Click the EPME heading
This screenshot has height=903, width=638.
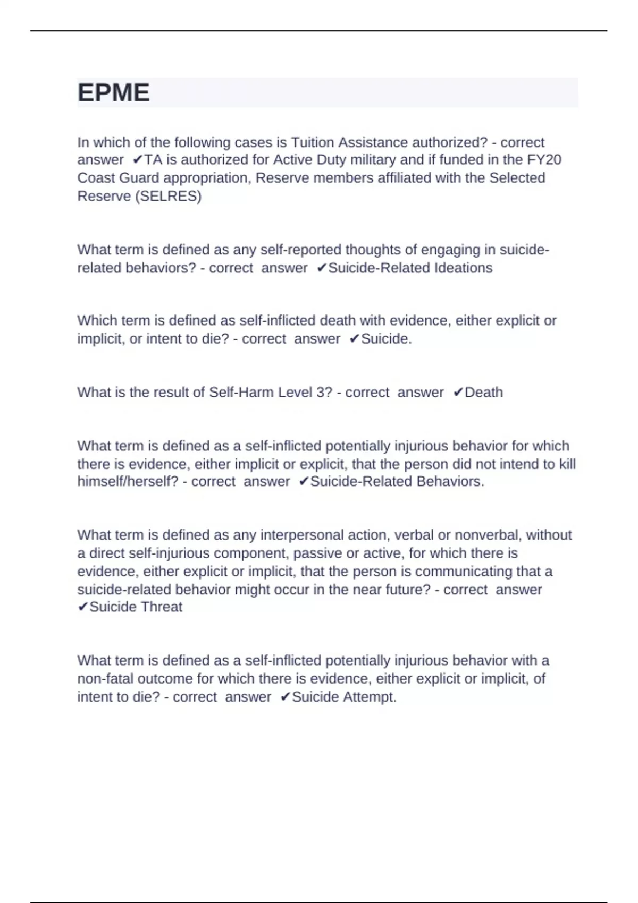114,93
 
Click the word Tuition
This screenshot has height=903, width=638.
313,142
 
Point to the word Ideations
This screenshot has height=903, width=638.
463,268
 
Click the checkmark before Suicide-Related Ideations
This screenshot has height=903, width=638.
321,268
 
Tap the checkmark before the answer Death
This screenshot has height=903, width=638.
458,393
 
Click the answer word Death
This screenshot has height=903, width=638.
484,393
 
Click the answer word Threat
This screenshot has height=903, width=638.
159,607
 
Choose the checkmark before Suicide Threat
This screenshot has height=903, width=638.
82,607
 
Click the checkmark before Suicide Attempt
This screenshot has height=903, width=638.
285,697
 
